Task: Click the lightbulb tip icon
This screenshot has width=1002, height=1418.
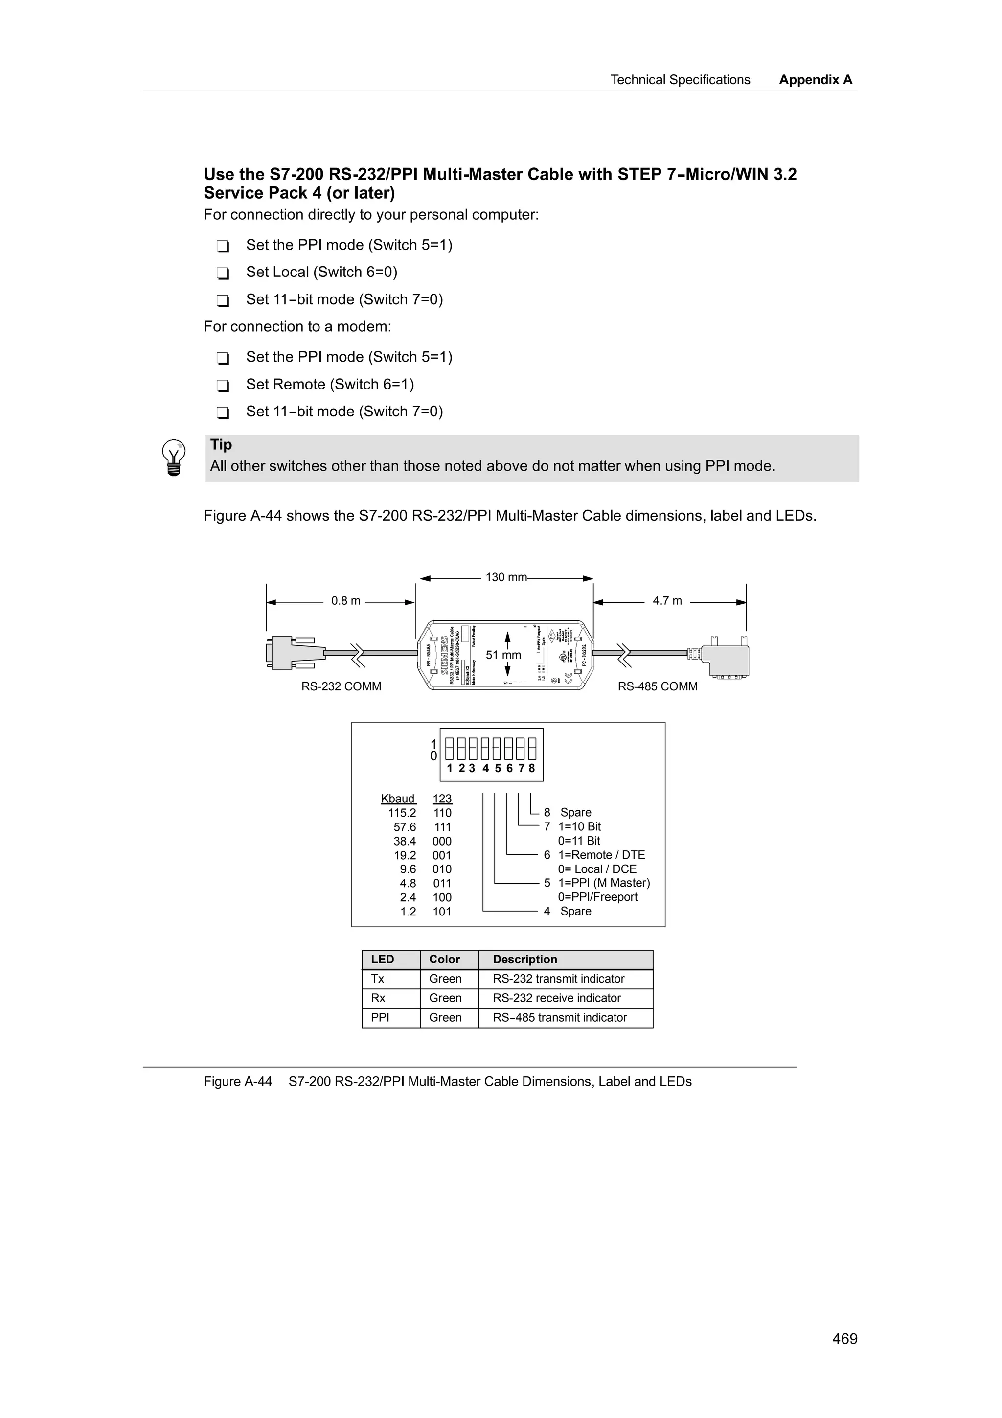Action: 174,457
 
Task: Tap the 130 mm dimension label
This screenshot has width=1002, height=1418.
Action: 505,577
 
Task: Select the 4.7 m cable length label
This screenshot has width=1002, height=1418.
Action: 667,601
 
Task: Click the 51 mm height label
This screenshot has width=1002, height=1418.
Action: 503,655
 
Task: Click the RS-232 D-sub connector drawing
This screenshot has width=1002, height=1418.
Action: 290,652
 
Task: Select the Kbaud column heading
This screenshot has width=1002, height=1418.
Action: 398,799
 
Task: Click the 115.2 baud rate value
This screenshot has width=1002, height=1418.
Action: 402,813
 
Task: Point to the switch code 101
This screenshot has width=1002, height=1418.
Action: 442,912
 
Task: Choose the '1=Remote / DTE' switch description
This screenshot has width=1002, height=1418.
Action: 601,855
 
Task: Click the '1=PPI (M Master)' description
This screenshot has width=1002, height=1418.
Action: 604,883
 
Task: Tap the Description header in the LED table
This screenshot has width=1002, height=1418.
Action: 525,959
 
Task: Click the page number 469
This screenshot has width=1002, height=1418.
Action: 844,1338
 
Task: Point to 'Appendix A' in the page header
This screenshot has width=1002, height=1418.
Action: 816,80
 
